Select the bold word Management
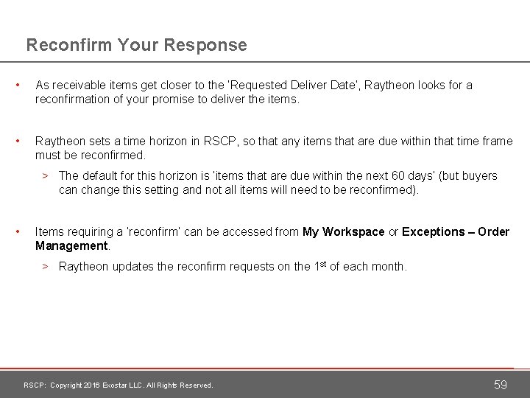[72, 245]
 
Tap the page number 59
[501, 384]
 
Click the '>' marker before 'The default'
[45, 175]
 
